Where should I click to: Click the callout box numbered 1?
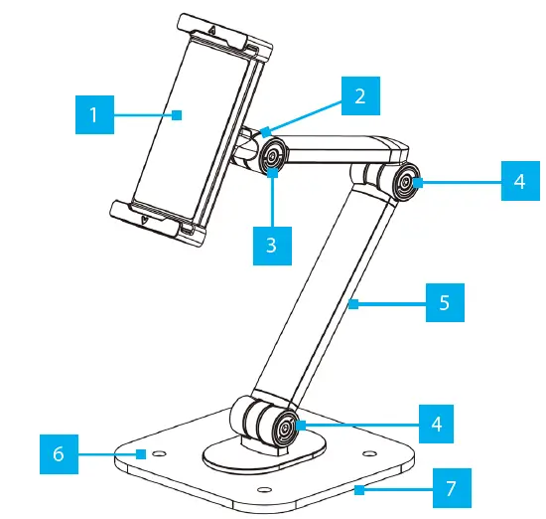point(93,114)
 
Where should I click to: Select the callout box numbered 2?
point(359,95)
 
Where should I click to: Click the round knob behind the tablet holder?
point(271,156)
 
